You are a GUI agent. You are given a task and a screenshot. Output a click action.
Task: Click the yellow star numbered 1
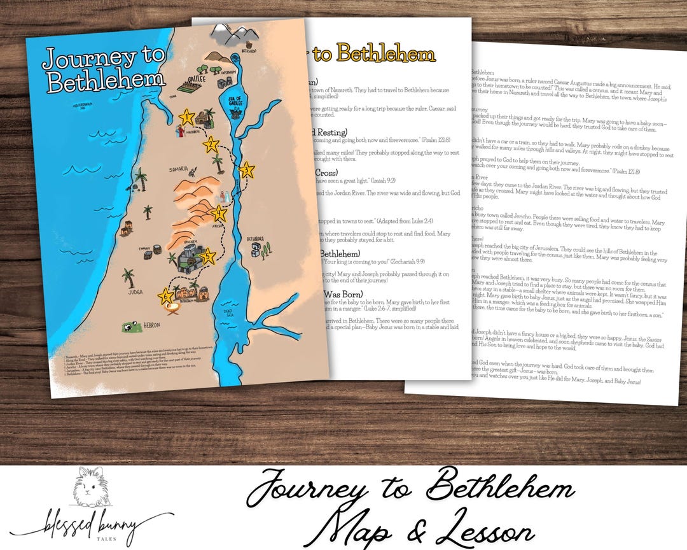(x=186, y=116)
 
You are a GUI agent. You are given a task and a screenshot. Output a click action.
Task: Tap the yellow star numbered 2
(x=211, y=145)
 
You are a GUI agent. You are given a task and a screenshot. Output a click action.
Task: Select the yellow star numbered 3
(x=247, y=170)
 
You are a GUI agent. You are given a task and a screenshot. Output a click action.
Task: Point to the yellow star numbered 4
(x=219, y=214)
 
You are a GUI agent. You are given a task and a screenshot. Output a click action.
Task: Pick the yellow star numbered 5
(x=207, y=257)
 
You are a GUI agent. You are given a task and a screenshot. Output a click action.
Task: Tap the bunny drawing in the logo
(x=87, y=490)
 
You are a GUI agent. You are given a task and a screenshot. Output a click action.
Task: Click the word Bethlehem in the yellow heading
(x=385, y=54)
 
